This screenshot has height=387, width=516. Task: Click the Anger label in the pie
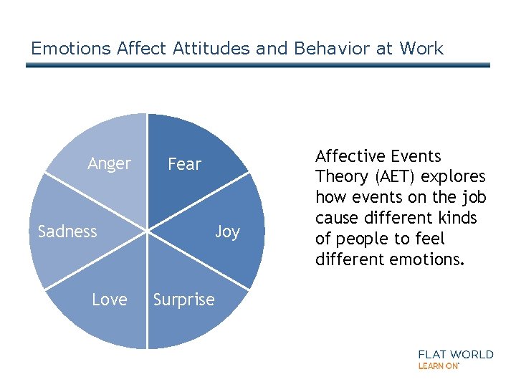[x=109, y=164]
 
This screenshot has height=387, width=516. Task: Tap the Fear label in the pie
[x=184, y=165]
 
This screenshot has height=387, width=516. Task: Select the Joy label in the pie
[x=227, y=231]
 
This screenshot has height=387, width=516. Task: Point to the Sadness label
[x=67, y=231]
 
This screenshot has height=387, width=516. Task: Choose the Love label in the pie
[x=109, y=300]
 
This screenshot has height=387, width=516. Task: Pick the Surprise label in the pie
[x=183, y=300]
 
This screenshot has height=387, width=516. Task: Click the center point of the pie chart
[x=148, y=231]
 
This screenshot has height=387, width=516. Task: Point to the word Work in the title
[x=421, y=49]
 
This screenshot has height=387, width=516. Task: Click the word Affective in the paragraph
[x=348, y=156]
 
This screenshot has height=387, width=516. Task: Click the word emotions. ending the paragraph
[x=429, y=259]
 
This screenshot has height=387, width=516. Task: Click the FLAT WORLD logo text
[x=455, y=354]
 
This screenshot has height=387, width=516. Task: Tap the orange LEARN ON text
[x=439, y=365]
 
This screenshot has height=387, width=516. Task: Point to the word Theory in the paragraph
[x=339, y=177]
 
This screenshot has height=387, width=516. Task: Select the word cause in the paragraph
[x=338, y=218]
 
